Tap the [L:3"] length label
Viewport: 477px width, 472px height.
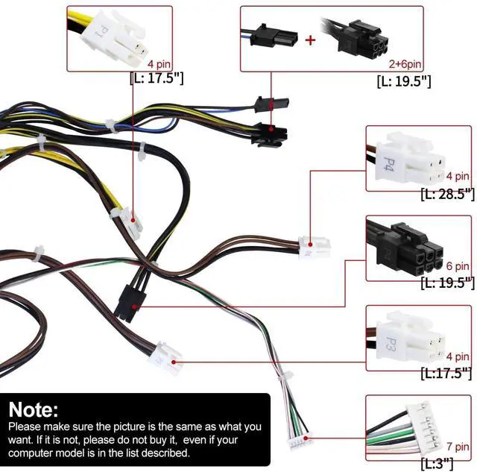tap(437, 463)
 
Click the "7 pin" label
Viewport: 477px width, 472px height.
tap(457, 447)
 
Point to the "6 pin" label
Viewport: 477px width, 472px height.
tap(458, 266)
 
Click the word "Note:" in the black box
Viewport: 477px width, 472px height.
tap(34, 409)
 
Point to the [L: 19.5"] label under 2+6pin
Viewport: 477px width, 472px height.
tap(404, 81)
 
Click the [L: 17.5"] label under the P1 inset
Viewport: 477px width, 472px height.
tap(155, 78)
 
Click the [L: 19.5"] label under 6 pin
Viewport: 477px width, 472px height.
tap(447, 283)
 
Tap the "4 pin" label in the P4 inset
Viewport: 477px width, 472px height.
tap(458, 177)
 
